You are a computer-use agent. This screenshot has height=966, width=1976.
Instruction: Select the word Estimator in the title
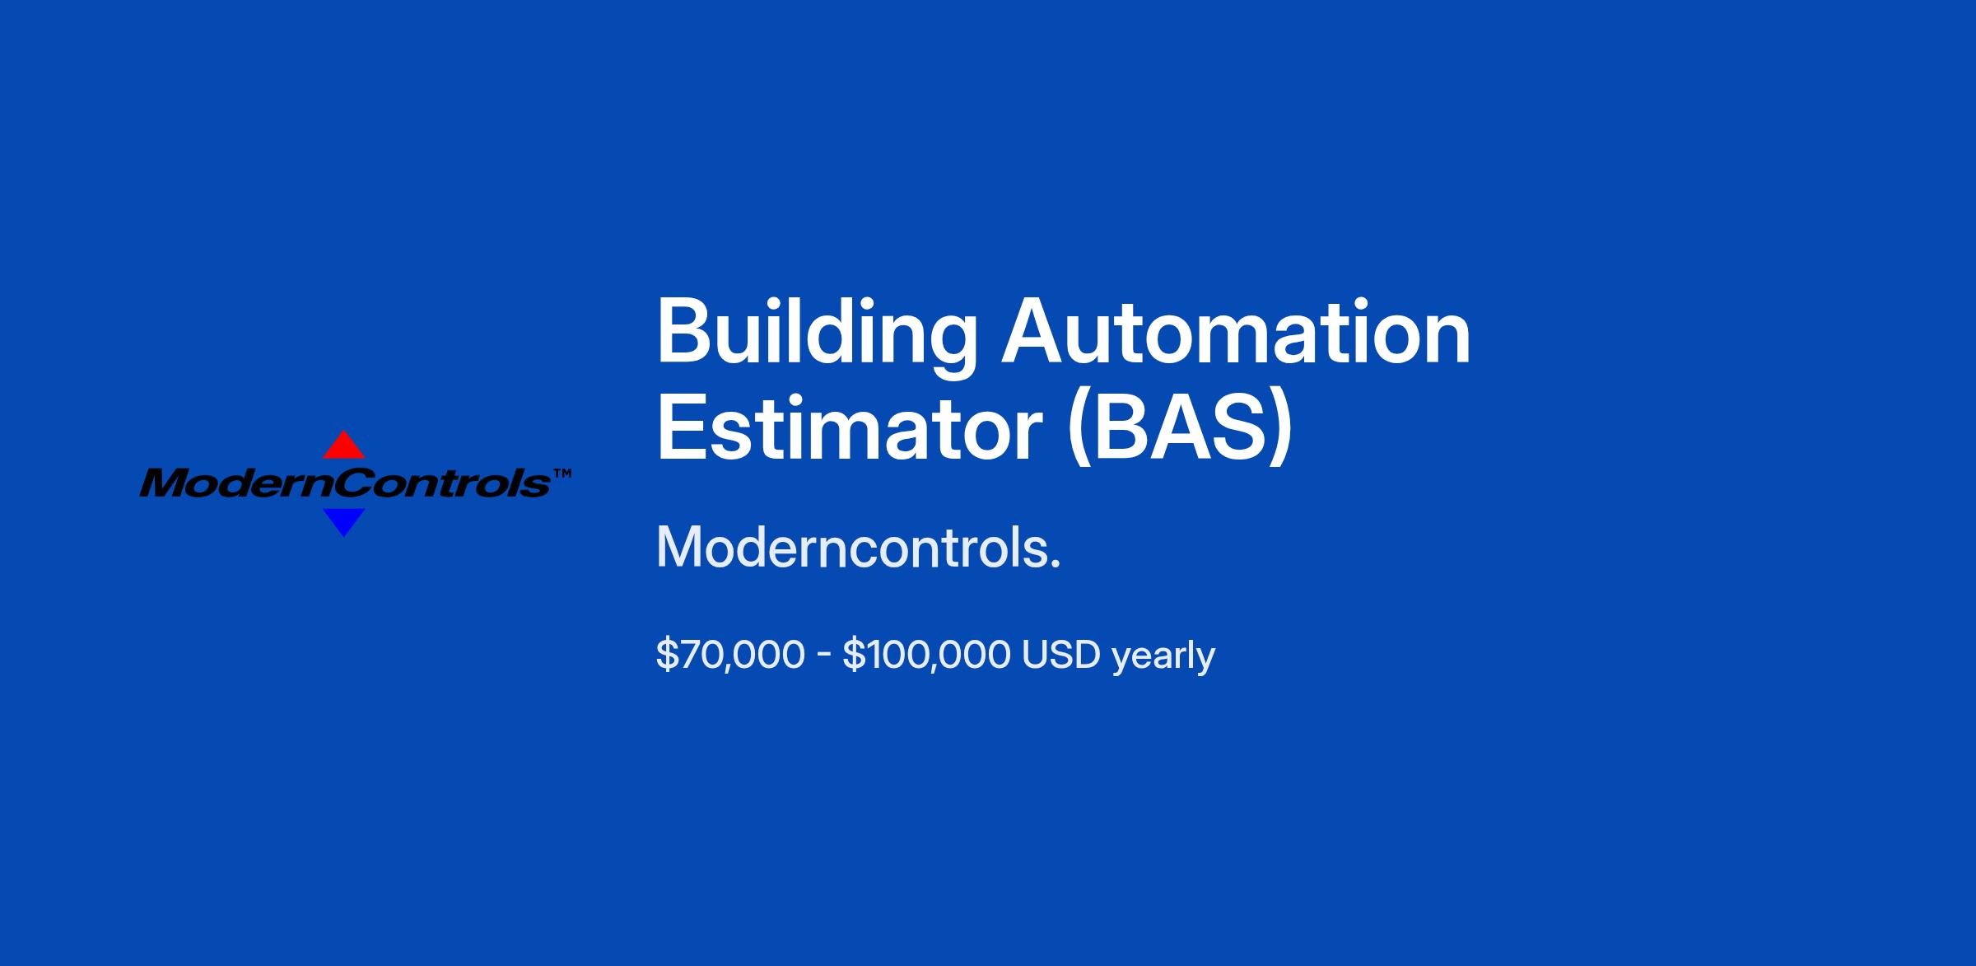click(x=850, y=428)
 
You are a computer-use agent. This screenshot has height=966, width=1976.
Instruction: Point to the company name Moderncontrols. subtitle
click(x=858, y=548)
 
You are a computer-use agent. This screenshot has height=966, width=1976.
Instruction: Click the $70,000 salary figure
click(x=730, y=656)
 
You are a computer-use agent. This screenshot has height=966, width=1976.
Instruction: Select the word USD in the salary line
click(x=1060, y=656)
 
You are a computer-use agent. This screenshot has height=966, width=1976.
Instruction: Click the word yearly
click(x=1163, y=657)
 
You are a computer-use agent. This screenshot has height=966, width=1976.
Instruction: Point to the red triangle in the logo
click(x=343, y=446)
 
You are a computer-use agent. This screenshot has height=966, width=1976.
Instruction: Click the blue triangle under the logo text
click(x=343, y=521)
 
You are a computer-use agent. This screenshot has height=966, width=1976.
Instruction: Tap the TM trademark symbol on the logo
click(x=562, y=474)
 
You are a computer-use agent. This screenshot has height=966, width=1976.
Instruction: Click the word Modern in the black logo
click(x=235, y=483)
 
